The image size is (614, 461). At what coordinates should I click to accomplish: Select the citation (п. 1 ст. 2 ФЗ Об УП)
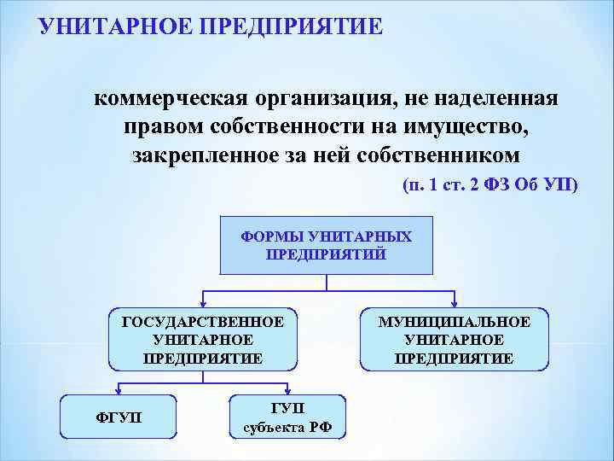click(489, 185)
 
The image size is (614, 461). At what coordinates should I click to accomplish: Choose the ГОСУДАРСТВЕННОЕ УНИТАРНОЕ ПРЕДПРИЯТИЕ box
click(203, 340)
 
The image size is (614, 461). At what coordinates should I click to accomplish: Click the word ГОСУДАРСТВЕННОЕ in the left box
click(203, 322)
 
